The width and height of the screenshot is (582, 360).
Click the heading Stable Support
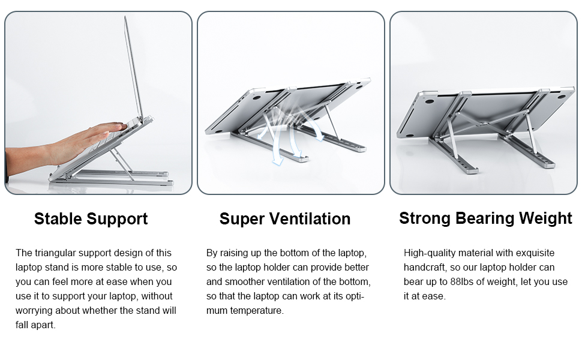91,219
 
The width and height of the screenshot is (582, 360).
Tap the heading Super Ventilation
284,219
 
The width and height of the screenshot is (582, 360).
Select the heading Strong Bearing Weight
485,218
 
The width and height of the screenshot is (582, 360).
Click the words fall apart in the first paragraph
35,325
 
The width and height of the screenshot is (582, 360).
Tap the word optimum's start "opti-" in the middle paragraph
355,296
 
